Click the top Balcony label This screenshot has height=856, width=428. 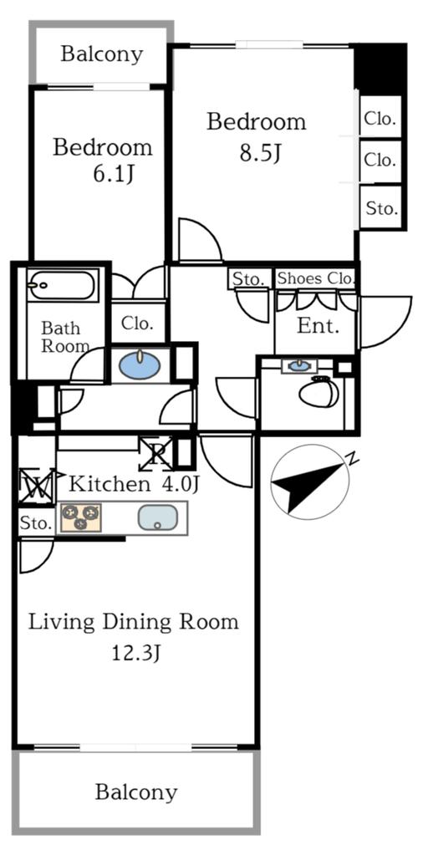(x=102, y=54)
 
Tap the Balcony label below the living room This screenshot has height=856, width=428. (x=135, y=792)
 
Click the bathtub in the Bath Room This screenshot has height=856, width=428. (x=63, y=287)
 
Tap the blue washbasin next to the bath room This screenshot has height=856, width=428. (x=140, y=365)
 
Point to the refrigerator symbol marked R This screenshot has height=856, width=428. (x=156, y=454)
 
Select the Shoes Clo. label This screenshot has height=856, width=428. (x=316, y=278)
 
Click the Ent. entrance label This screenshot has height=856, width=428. (x=318, y=326)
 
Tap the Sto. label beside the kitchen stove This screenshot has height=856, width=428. (x=36, y=524)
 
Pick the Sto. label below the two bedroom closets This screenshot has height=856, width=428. (x=382, y=208)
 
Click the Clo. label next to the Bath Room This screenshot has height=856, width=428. (x=137, y=323)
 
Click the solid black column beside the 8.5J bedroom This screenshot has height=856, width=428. (x=380, y=68)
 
